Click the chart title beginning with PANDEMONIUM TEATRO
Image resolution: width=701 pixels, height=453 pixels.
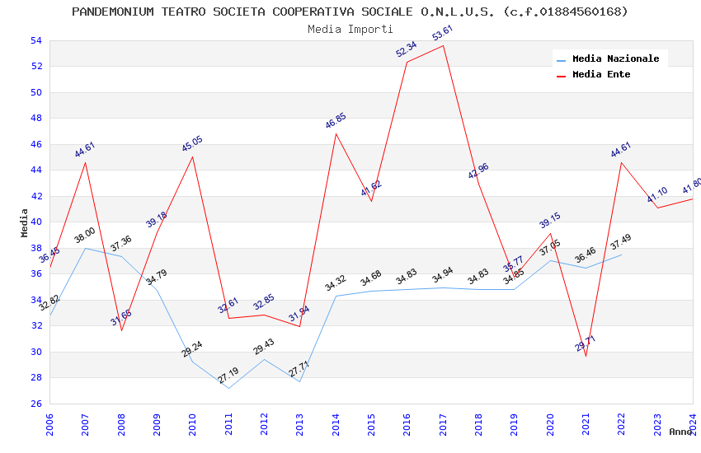[350, 12]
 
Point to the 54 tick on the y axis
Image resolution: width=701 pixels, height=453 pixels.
[35, 40]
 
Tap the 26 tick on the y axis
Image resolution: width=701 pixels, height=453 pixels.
[35, 404]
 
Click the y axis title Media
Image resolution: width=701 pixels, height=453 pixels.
[24, 222]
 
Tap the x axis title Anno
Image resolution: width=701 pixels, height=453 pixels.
[680, 432]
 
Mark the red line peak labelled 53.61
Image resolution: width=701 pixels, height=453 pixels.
[444, 45]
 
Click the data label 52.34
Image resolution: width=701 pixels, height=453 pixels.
[407, 49]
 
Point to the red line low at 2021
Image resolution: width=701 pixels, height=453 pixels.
[586, 356]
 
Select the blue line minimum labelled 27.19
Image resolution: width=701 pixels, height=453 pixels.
[228, 388]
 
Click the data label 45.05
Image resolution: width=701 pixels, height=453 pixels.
[192, 144]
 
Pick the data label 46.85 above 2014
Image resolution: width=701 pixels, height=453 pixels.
[336, 121]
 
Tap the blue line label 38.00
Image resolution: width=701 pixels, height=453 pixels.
[85, 236]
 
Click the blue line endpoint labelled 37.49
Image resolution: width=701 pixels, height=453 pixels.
[621, 255]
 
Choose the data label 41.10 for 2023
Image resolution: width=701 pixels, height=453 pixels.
[657, 195]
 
